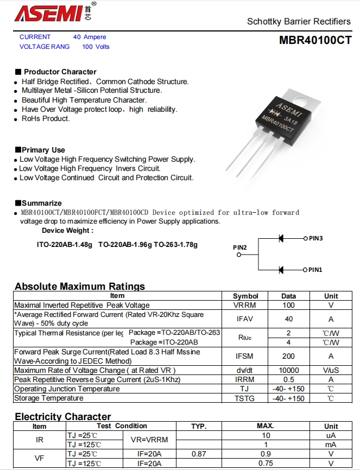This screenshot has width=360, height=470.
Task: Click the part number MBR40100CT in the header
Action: [315, 40]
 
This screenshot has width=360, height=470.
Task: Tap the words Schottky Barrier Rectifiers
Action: [299, 22]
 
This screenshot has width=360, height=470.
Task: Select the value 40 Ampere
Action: [90, 37]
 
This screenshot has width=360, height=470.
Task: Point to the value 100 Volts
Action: [96, 47]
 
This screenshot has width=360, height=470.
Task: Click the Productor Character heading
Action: [60, 72]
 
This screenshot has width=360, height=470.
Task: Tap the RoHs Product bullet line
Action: [46, 118]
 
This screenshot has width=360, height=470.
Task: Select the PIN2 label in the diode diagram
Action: [240, 247]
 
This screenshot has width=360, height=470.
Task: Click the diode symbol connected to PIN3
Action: [281, 238]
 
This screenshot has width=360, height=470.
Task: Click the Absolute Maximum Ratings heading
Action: [80, 287]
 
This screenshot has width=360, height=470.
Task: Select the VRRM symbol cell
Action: [245, 305]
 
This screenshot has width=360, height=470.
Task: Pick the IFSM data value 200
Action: [288, 356]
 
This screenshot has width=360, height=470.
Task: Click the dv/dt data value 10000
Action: [288, 370]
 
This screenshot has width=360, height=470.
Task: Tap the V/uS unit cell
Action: [331, 370]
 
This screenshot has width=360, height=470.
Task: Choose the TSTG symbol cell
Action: [245, 398]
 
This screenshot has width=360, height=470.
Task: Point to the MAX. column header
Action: [265, 426]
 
